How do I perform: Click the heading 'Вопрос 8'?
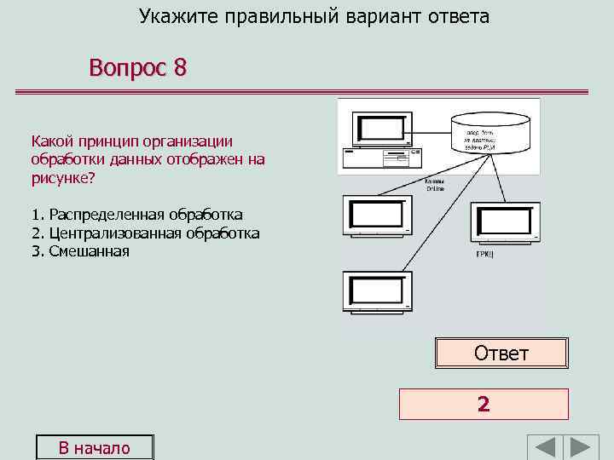137,68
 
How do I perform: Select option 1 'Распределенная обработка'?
136,215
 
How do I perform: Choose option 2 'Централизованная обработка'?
145,233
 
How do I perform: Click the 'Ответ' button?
501,354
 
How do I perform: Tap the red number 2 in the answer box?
484,405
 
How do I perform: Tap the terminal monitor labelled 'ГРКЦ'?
505,223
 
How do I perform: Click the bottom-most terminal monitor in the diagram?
377,293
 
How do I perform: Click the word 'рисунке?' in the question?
63,178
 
